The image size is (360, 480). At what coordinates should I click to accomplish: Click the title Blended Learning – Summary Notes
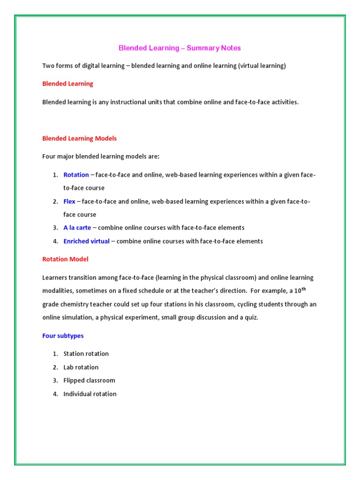180,48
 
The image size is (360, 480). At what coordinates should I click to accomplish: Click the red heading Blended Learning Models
79,138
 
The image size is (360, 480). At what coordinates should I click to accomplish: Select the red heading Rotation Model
65,259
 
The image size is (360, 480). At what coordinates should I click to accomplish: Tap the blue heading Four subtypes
63,336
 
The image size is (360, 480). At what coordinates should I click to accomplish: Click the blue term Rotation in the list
76,175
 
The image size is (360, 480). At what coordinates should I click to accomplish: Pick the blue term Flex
69,202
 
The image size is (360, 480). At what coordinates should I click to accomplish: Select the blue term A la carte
77,228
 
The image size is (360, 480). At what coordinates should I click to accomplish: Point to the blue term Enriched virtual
86,241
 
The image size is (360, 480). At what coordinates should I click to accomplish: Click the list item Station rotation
86,353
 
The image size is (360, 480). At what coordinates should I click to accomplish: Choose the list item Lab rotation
81,367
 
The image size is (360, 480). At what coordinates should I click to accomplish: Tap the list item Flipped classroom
89,380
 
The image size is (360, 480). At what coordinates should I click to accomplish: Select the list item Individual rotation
90,394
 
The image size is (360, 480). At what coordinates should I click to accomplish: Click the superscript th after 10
310,289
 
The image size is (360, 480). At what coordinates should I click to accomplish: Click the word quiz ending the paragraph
251,317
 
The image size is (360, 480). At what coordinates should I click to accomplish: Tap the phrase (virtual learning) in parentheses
262,66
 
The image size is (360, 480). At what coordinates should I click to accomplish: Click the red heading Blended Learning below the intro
67,83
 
